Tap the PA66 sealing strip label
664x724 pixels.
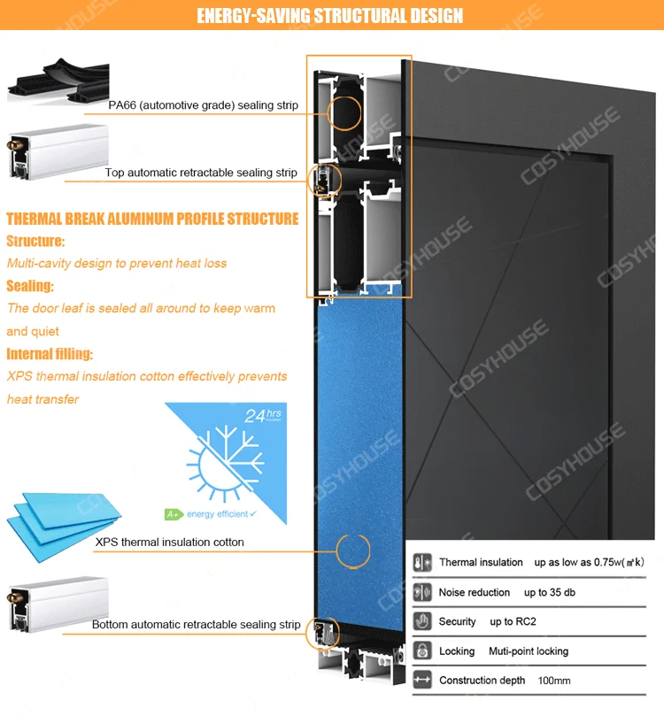(x=203, y=105)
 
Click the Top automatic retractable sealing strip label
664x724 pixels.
(x=201, y=173)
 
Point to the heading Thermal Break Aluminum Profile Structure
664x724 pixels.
(x=152, y=219)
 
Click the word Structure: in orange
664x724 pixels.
(x=35, y=241)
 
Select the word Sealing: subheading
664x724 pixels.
(x=30, y=286)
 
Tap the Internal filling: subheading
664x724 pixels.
(x=50, y=354)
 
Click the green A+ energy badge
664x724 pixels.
(x=174, y=513)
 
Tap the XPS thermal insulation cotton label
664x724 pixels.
(x=169, y=542)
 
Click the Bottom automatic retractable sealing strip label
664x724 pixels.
(x=196, y=625)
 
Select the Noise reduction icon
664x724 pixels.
(x=422, y=592)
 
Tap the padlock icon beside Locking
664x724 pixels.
(x=422, y=651)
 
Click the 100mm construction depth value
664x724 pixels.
(x=554, y=681)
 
